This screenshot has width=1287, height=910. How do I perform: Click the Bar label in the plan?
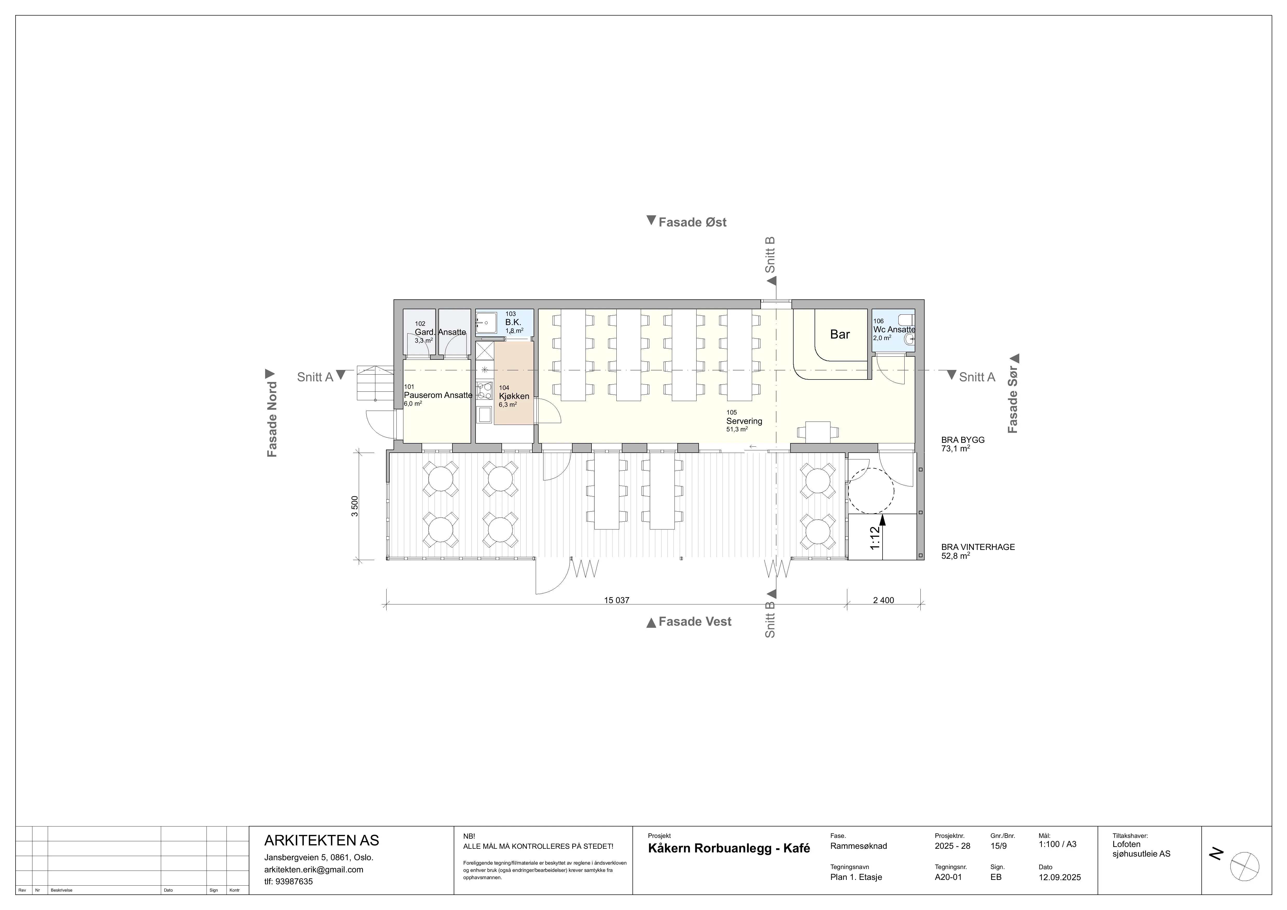840,335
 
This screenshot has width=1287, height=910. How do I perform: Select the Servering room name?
744,421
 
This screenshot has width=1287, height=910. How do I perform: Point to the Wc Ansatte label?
894,329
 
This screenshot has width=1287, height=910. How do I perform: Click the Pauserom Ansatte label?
438,395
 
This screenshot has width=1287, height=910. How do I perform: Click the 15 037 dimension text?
617,600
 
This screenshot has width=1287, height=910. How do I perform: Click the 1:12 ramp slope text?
875,538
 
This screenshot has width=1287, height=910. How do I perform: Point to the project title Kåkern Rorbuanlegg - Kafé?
729,848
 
